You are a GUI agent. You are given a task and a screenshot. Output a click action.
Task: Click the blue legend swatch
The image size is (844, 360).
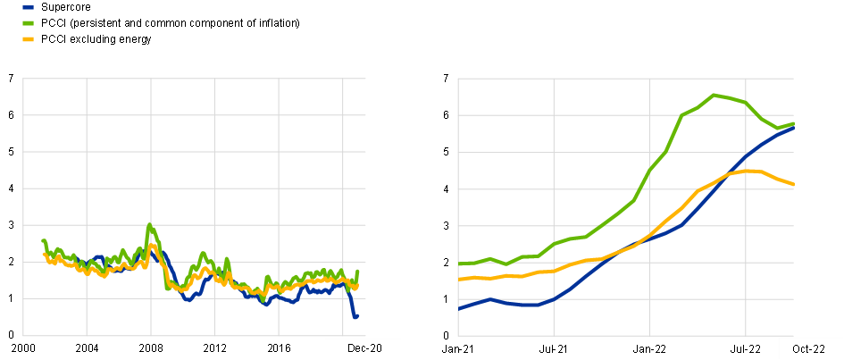click(x=28, y=6)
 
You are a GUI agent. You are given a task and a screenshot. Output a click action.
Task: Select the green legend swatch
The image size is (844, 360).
click(x=28, y=22)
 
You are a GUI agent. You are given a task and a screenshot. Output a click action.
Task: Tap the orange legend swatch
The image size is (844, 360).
click(x=28, y=39)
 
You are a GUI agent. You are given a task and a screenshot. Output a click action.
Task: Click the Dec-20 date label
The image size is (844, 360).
click(x=363, y=347)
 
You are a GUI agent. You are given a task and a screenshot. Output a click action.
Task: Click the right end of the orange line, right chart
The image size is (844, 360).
click(x=794, y=185)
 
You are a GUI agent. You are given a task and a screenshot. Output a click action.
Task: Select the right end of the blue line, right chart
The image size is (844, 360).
click(x=794, y=128)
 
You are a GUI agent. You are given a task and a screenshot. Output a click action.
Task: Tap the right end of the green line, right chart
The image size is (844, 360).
click(x=794, y=123)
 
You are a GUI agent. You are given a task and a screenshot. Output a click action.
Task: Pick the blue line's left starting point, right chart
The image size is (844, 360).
click(x=459, y=308)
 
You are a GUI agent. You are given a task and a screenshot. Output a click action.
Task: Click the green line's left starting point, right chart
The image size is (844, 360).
click(x=459, y=264)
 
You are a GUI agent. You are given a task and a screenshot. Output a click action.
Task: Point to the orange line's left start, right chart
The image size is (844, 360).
click(x=459, y=280)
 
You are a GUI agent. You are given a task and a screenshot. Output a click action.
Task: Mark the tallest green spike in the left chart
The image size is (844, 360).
click(x=149, y=224)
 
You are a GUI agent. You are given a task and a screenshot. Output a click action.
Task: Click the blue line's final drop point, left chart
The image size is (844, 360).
click(x=355, y=316)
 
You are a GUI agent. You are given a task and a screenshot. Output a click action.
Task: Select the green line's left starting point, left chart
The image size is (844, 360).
click(x=43, y=240)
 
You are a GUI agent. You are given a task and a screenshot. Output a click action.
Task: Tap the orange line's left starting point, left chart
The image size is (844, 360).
click(x=44, y=254)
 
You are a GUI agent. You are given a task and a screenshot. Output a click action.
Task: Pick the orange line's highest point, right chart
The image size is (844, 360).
click(x=750, y=170)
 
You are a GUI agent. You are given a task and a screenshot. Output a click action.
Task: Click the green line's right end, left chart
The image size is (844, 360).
click(x=358, y=271)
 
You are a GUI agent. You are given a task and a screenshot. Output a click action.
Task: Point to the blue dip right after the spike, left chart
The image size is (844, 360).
click(x=188, y=299)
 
